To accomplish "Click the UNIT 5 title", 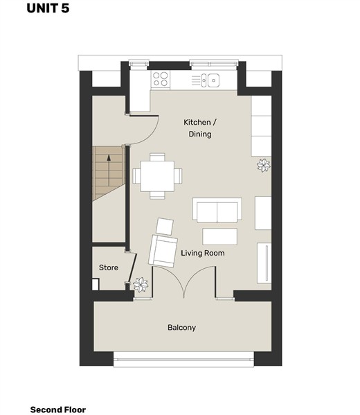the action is pos(48,8).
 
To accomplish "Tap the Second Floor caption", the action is pos(58,409).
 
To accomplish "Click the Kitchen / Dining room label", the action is pos(200,128).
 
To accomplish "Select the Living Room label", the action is pos(203,253).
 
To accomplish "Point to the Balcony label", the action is pos(181,328).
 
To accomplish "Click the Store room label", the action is pos(109,267).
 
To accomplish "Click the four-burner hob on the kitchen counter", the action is pos(161,79).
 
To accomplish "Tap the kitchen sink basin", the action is pos(213,80).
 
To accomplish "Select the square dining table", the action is pos(157,176).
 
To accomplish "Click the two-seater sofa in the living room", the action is pos(217,210).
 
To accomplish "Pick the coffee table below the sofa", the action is pos(219,237).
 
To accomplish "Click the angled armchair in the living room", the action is pos(163,251).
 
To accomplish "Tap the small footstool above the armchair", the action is pos(165,227).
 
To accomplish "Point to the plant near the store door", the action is pos(141,285).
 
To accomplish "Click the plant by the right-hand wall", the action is pos(264,166).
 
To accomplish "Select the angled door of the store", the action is pos(132,268).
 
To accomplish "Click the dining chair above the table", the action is pos(157,157).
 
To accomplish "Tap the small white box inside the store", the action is pos(96,284).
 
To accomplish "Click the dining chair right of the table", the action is pos(178,176).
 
